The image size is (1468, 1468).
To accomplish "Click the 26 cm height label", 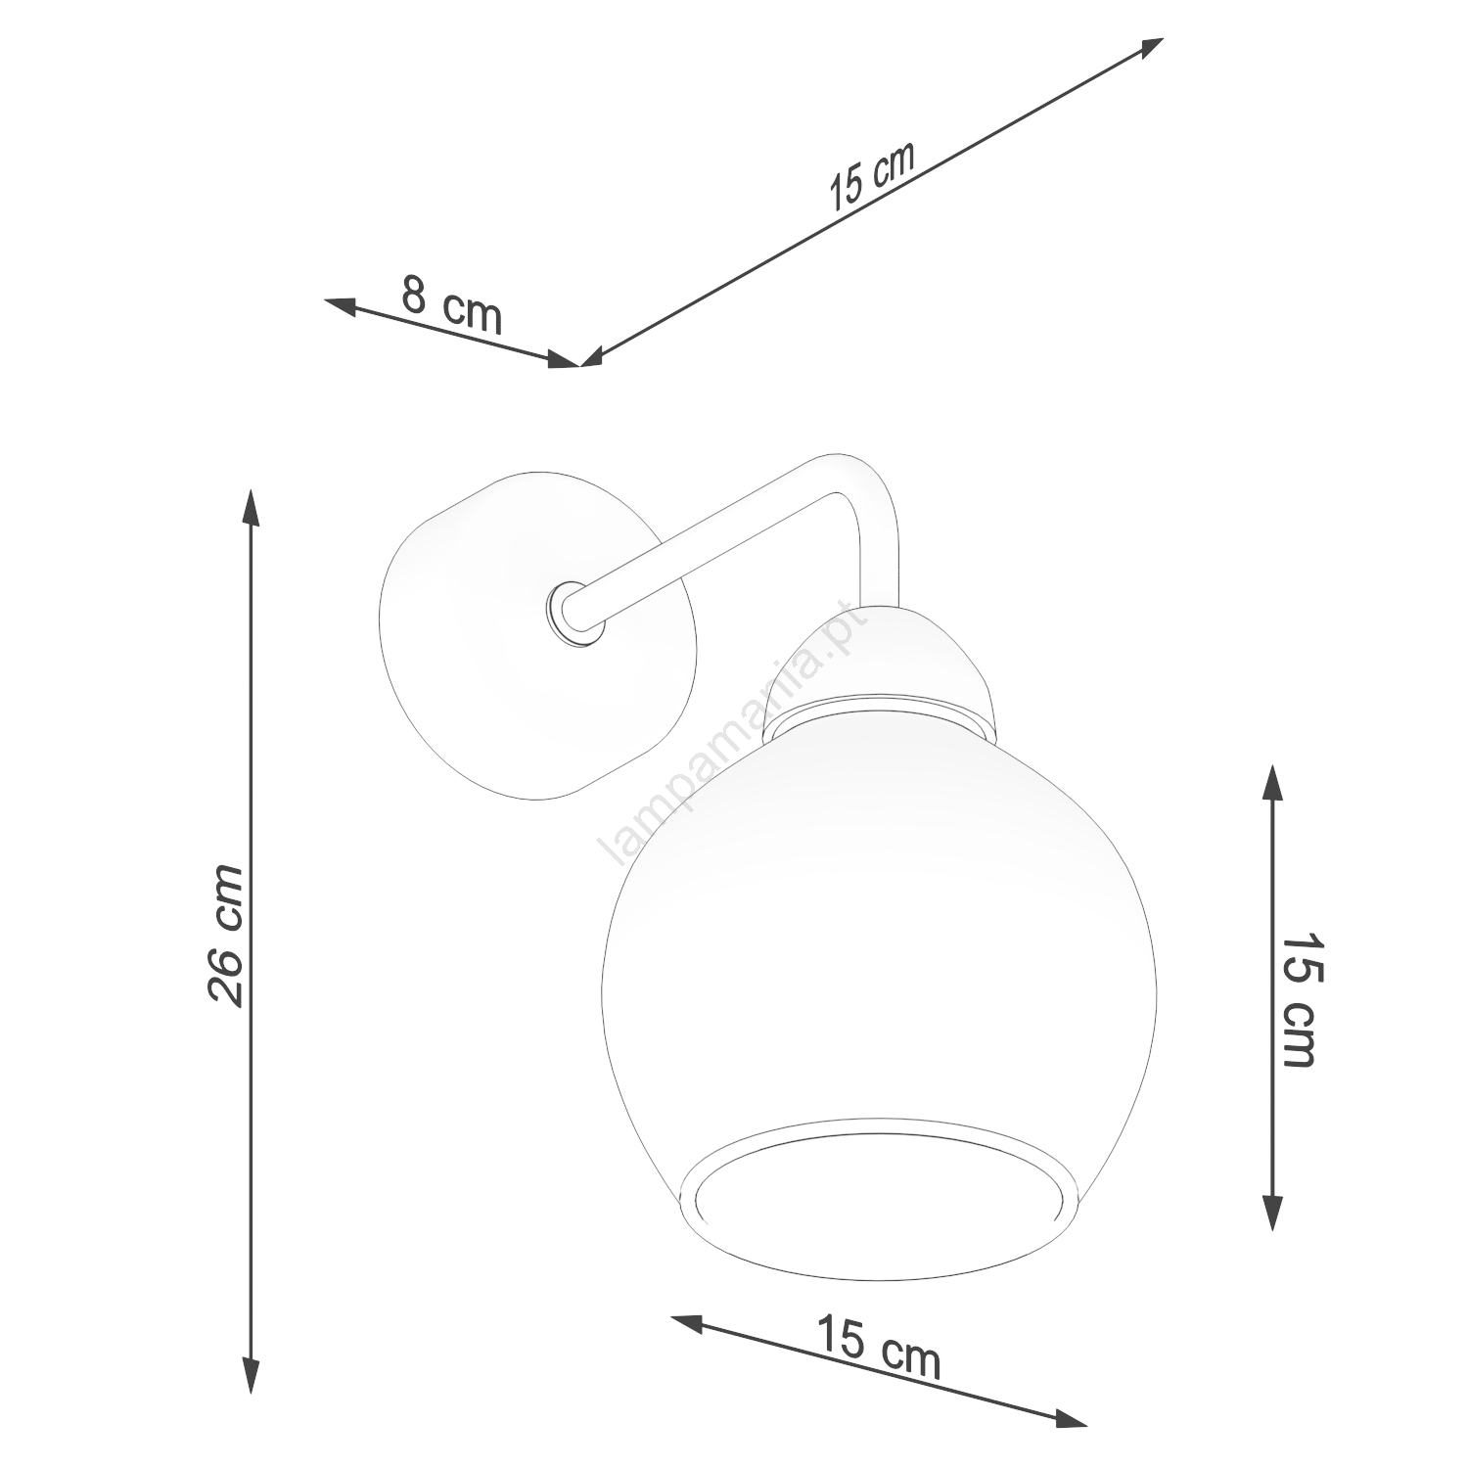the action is [225, 935].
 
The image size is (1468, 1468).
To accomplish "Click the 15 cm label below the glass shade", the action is [878, 1346].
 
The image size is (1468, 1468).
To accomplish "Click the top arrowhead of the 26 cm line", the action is [251, 507].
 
